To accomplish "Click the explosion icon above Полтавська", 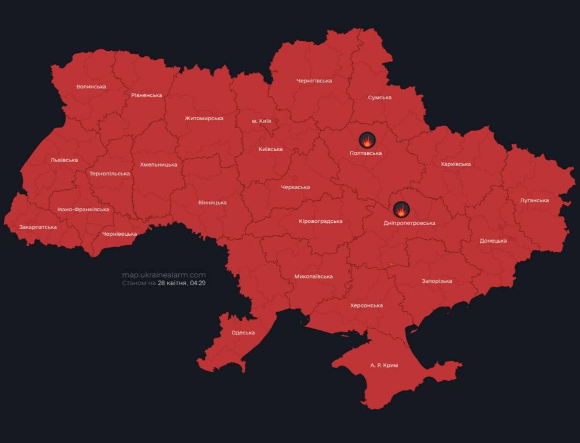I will click(367, 140).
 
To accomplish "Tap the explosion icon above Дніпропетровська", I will click(401, 210).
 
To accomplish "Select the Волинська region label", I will click(91, 87).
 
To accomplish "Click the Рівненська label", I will click(147, 95).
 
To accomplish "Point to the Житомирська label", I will click(204, 118).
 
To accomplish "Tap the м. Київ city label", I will click(261, 121).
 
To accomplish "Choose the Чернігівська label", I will click(314, 81).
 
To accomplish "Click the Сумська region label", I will click(379, 98).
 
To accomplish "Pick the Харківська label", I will click(455, 164).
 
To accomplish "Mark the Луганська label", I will click(534, 200).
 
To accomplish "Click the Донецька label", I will click(493, 241).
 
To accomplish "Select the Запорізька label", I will click(437, 281).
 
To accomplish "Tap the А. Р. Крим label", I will click(384, 366).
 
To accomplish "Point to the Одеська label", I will click(243, 333).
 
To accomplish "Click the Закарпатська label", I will click(38, 227).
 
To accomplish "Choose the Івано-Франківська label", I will click(83, 210).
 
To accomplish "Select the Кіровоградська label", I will click(320, 221).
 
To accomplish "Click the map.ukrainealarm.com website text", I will click(164, 275).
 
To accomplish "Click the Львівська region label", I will click(64, 160).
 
